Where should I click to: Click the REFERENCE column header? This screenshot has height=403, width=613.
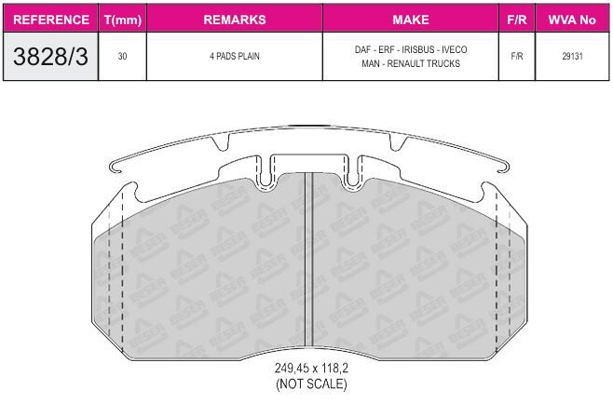pos(51,20)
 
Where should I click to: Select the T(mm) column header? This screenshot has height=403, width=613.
pos(123,20)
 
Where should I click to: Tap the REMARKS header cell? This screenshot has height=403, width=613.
pos(235,20)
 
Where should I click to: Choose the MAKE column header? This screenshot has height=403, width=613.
pos(411,20)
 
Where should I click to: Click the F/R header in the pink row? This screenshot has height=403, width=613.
pos(517,20)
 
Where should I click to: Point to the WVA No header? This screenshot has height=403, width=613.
pos(572,20)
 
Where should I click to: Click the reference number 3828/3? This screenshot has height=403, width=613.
pos(50,56)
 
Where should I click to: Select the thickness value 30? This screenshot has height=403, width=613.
pos(122,56)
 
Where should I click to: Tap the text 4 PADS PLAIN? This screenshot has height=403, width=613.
pos(235,56)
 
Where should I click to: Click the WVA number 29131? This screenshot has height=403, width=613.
pos(572,56)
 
